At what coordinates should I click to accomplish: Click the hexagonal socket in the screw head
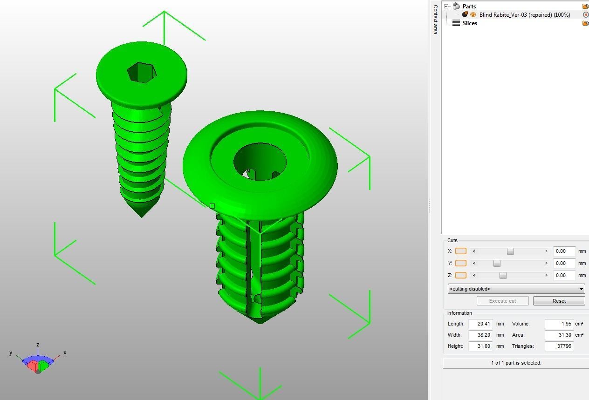click(141, 72)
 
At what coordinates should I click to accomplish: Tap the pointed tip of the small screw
click(142, 215)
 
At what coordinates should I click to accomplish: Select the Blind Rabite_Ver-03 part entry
click(524, 15)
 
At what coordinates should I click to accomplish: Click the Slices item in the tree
click(469, 23)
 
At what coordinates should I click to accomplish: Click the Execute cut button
click(502, 301)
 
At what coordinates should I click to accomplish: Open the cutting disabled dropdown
click(516, 289)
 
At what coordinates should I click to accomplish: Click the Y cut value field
click(564, 263)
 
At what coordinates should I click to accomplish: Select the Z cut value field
click(564, 275)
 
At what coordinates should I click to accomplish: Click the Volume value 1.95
click(559, 324)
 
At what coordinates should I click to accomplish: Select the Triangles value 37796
click(559, 346)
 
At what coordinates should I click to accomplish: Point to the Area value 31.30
click(559, 335)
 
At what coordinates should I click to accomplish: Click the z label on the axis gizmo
click(38, 345)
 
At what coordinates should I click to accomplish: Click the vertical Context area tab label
click(435, 19)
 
